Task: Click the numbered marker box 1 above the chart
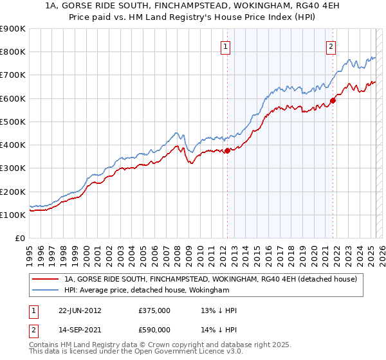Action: [x=226, y=46]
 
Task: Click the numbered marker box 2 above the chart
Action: [x=331, y=46]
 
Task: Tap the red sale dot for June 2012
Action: [x=228, y=151]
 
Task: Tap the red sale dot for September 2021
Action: [x=333, y=100]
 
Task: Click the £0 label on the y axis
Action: [x=19, y=239]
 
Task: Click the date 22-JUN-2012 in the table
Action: [x=80, y=310]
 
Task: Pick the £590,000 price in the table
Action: [x=154, y=330]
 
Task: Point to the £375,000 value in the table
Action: [x=154, y=310]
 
